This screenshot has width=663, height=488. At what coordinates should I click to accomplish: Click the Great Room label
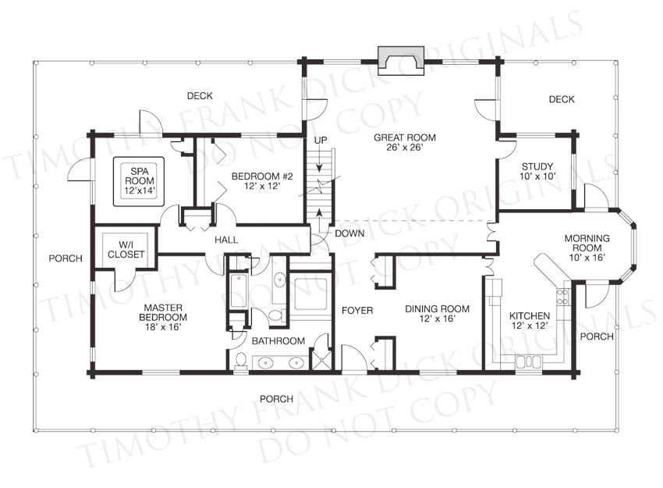point(405,142)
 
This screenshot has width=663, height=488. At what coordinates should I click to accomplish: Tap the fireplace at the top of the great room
point(400,60)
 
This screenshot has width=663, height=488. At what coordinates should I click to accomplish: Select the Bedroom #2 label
point(262,180)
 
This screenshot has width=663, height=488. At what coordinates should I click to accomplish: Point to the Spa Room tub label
point(140,181)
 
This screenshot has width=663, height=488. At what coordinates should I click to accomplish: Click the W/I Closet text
point(126,250)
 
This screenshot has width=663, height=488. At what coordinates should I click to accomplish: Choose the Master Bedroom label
point(163,317)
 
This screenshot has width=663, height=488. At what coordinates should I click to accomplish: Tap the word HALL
point(226,240)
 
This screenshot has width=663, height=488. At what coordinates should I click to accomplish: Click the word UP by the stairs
point(321,140)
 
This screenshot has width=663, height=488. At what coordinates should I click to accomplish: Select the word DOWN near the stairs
point(349,233)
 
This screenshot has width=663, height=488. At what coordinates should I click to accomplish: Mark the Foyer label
point(357,311)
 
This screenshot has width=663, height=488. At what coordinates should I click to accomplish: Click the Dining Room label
point(438,314)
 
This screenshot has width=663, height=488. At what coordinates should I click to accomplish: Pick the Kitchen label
point(530,320)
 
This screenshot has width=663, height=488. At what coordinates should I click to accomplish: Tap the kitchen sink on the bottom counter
point(528,363)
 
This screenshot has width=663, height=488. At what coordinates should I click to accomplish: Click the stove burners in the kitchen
point(562,297)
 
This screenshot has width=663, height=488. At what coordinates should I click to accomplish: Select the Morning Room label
point(587,248)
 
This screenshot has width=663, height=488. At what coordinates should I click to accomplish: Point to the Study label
point(537,172)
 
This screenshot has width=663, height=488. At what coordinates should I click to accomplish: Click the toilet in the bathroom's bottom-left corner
point(240,362)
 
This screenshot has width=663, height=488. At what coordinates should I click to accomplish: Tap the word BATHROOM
point(278,340)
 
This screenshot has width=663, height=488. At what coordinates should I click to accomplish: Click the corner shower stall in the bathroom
point(321,359)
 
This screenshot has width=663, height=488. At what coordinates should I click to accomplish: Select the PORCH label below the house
point(276,399)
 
